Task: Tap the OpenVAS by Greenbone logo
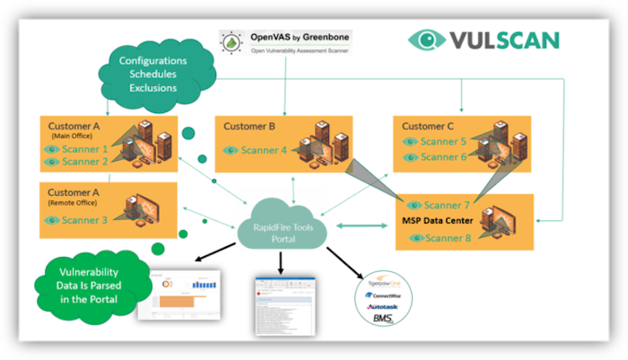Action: point(285,42)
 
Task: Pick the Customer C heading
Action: point(429,126)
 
